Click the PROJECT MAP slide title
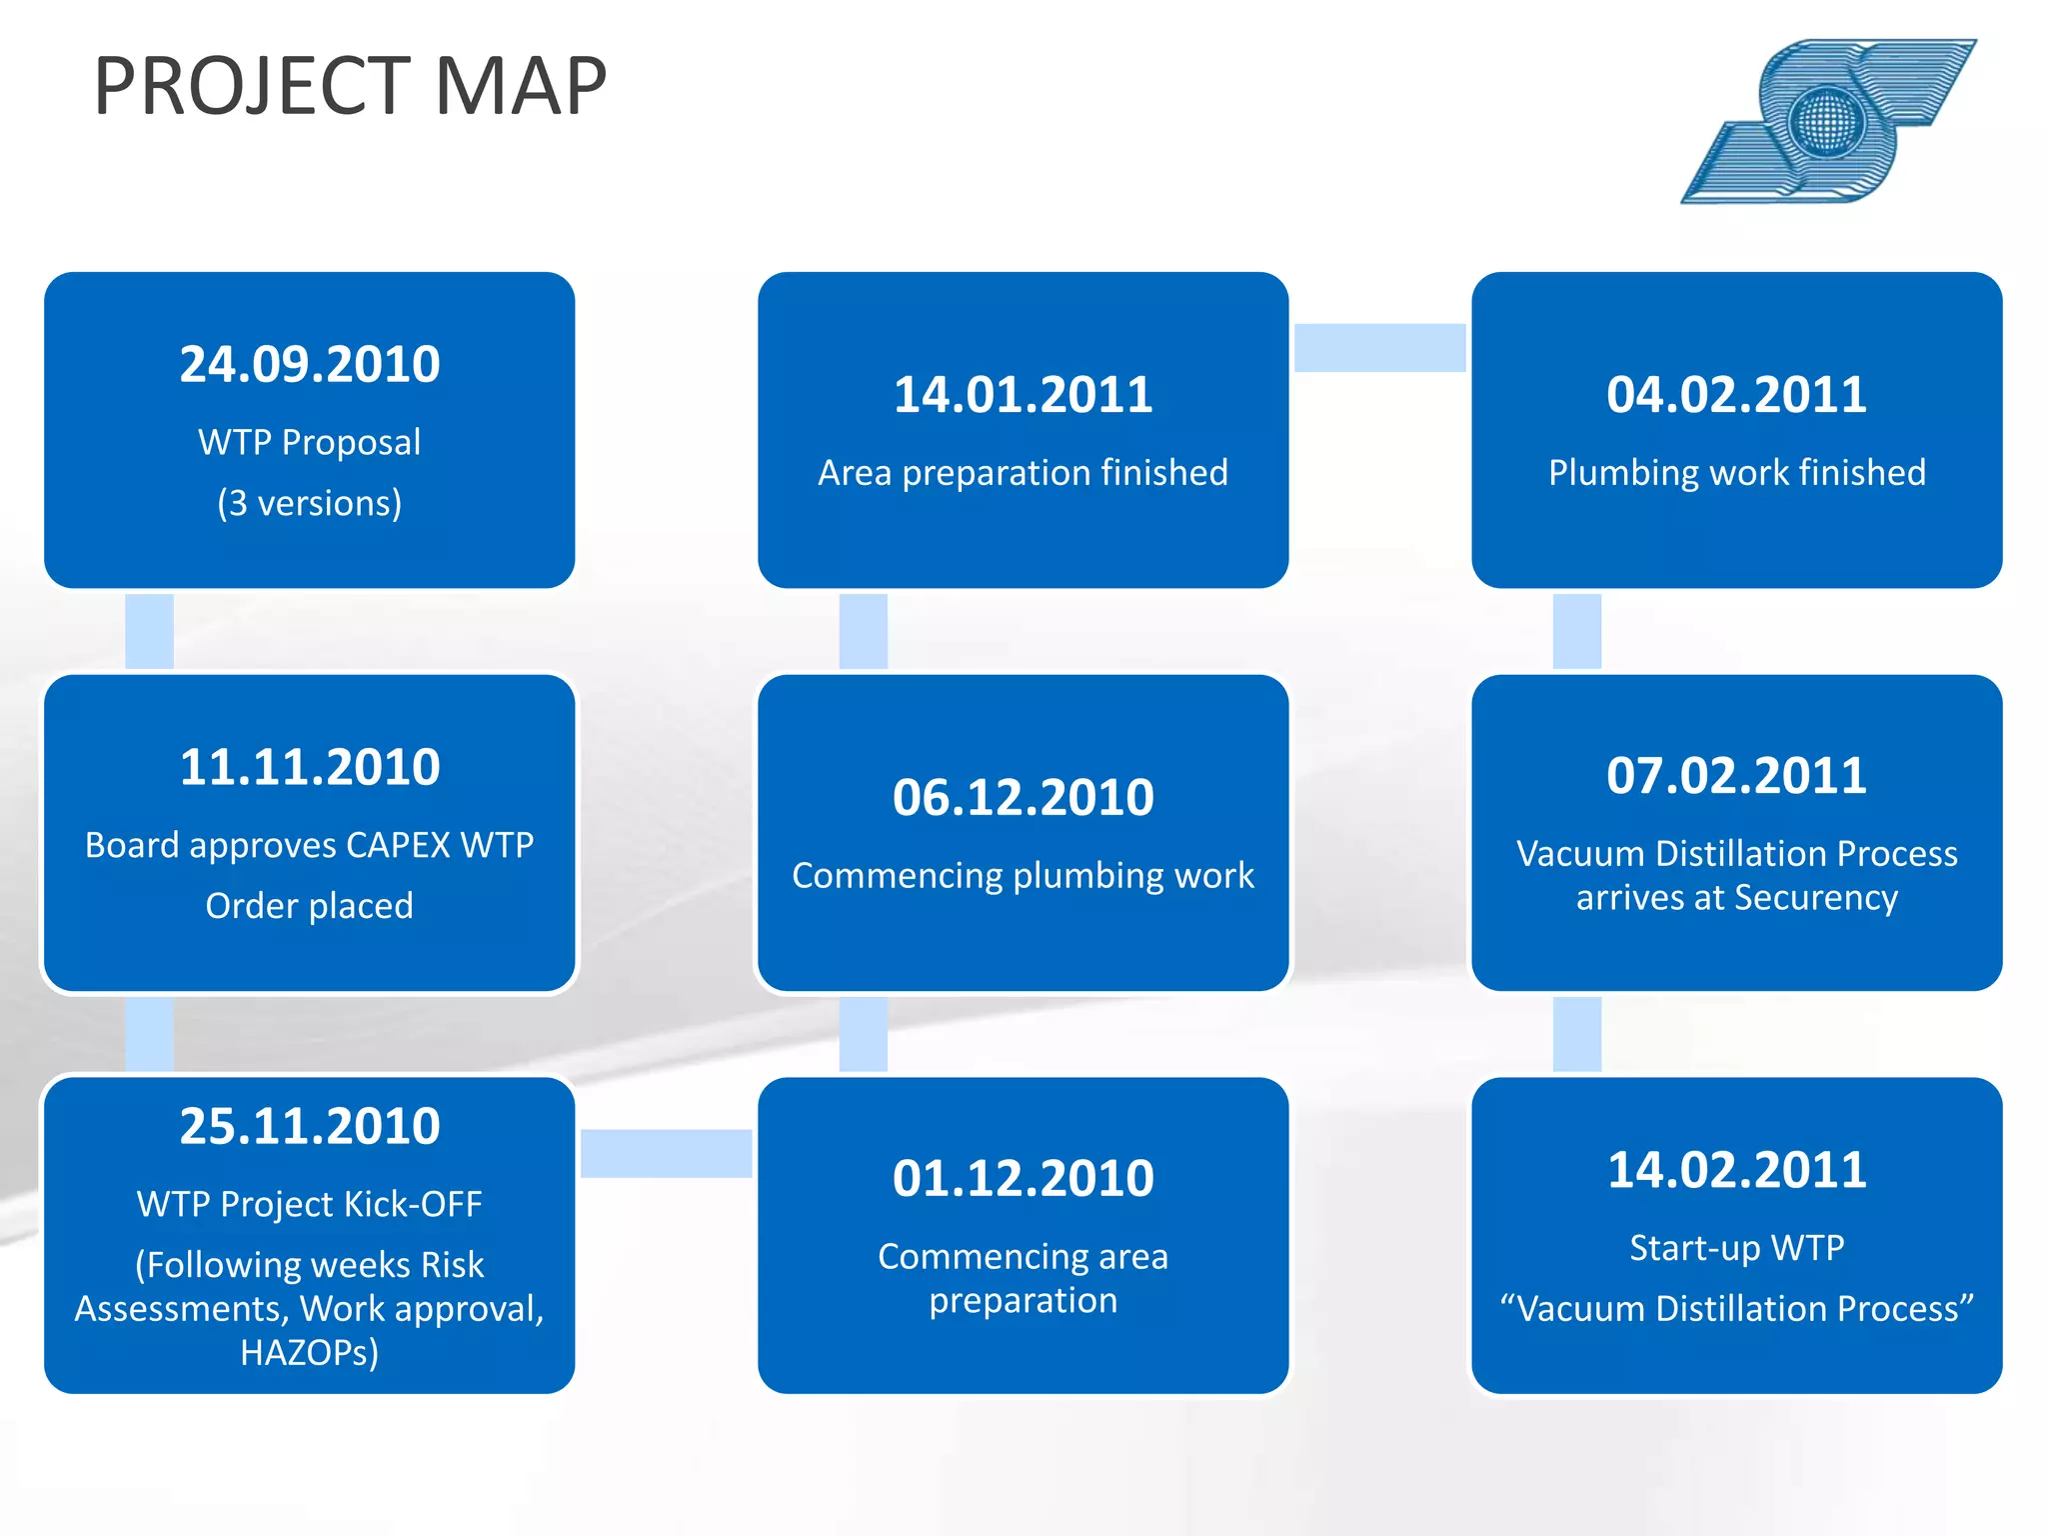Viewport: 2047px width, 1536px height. [350, 86]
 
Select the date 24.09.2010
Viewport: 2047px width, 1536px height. [310, 364]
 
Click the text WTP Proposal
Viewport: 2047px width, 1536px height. [310, 442]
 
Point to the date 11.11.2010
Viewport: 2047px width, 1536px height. [310, 767]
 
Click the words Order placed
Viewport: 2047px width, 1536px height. [310, 905]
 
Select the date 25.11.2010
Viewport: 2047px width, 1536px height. [310, 1126]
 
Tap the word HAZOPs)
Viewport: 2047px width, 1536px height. [310, 1352]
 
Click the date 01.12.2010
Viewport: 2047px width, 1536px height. [1023, 1178]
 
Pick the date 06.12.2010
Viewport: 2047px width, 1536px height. [1023, 797]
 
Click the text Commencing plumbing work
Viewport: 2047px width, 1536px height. [1023, 875]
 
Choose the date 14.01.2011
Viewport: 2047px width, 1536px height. [1023, 394]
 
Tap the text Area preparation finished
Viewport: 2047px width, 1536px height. [1023, 472]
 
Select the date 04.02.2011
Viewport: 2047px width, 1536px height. [1736, 394]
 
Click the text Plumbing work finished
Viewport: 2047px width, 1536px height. [1736, 472]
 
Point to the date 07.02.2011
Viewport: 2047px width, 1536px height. [1736, 775]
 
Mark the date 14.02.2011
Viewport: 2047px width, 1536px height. [1736, 1169]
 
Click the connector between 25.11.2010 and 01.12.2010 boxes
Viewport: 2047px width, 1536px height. [666, 1153]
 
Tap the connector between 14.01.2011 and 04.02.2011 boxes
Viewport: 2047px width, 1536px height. [1379, 347]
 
